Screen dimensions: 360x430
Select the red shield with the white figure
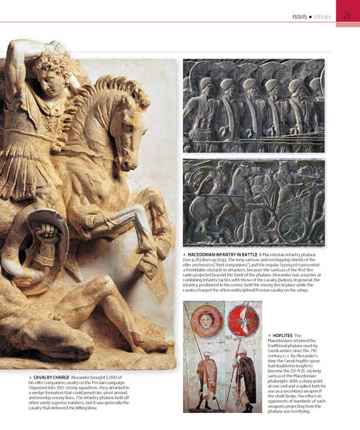242,321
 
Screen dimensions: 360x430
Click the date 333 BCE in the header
328,16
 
